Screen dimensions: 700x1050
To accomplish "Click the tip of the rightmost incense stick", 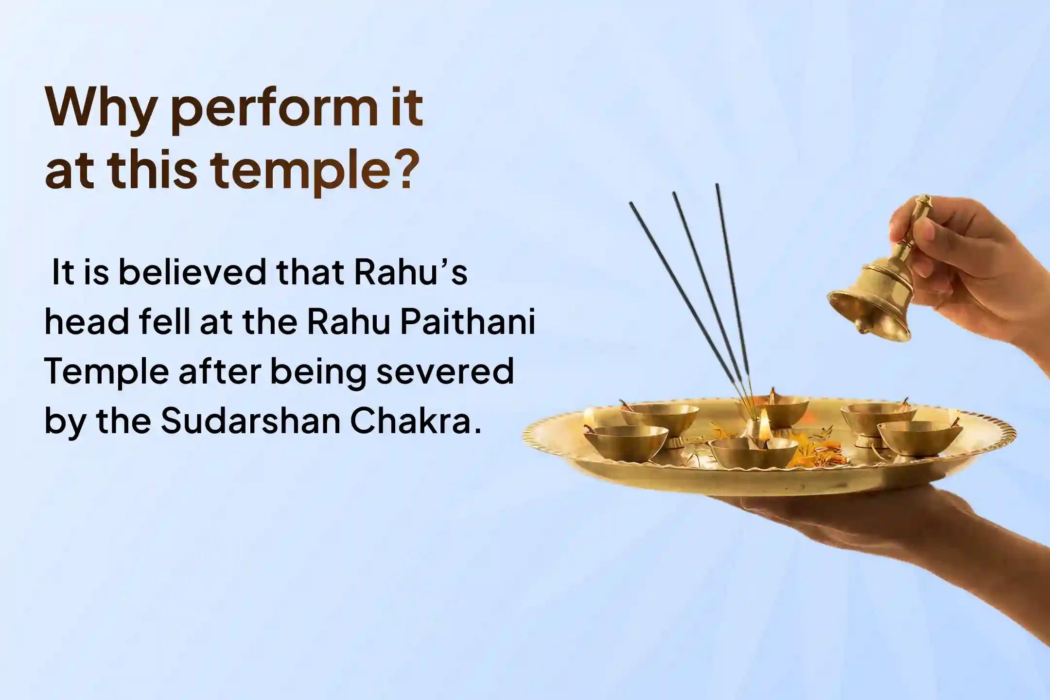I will [x=717, y=186].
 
